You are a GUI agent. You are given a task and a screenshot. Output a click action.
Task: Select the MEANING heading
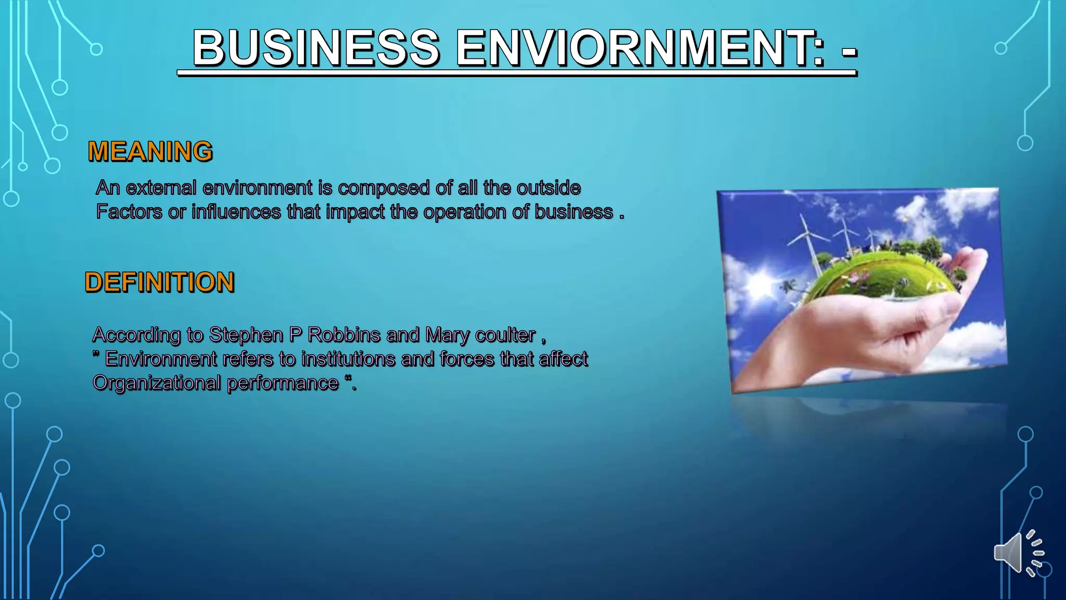pos(150,152)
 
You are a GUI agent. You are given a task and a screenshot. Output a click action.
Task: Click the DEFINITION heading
pos(160,282)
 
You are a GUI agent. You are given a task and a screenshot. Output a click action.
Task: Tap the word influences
pos(236,212)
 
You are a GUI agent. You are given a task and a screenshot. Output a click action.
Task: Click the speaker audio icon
pos(1018,553)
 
